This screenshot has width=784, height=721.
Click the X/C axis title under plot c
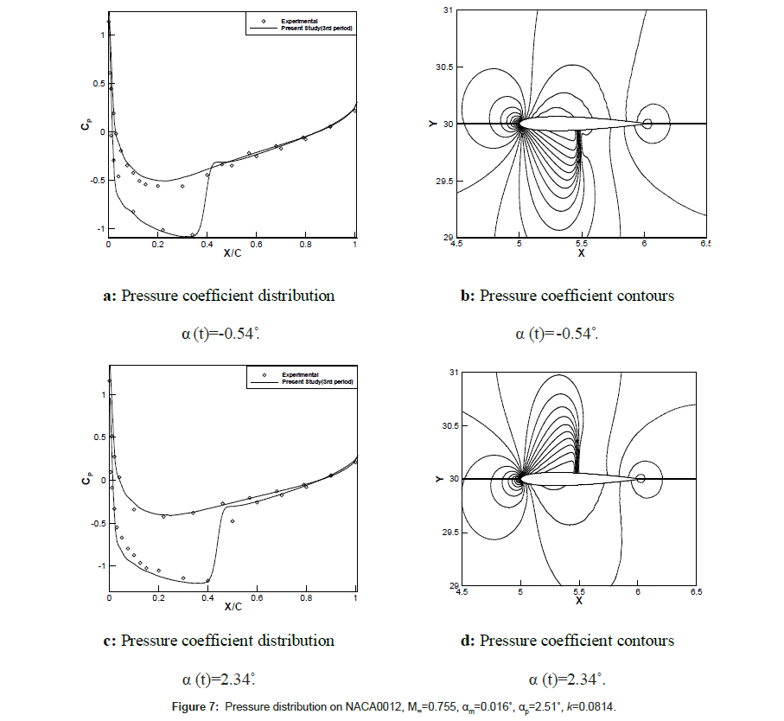pyautogui.click(x=232, y=607)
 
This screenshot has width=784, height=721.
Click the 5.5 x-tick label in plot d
pyautogui.click(x=579, y=594)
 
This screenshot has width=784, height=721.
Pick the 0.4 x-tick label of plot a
pyautogui.click(x=207, y=246)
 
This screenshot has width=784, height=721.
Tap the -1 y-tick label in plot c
pyautogui.click(x=97, y=565)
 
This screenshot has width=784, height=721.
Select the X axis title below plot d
pyautogui.click(x=578, y=601)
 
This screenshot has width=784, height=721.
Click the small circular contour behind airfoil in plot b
pyautogui.click(x=647, y=124)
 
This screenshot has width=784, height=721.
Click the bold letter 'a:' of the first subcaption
pyautogui.click(x=110, y=296)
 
